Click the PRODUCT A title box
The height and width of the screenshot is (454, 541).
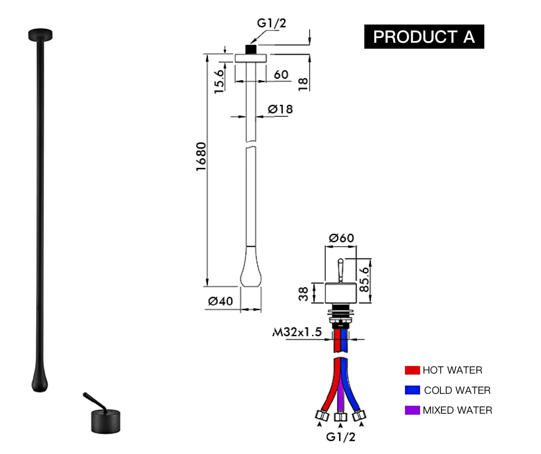point(424,37)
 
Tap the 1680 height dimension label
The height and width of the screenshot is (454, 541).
point(201,156)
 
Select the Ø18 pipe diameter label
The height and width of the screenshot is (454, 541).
point(280,109)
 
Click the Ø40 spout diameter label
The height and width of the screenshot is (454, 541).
point(220,301)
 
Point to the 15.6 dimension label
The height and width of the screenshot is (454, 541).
point(219,81)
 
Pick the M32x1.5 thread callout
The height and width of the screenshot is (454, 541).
point(297,332)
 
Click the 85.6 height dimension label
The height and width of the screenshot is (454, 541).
point(364,280)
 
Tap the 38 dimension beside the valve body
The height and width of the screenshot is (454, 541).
point(303,294)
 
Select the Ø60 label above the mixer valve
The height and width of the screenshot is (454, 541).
point(341,238)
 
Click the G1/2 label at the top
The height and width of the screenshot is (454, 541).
point(271,23)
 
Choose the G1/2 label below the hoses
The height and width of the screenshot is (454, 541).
point(340,437)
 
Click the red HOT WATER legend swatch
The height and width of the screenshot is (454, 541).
point(412,370)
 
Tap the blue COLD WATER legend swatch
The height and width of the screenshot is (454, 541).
point(412,390)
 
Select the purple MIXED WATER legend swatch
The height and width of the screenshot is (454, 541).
point(412,410)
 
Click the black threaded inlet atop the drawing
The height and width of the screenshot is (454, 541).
point(251,49)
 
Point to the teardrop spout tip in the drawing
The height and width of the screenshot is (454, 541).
point(251,275)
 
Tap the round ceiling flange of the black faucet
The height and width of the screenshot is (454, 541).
point(40,34)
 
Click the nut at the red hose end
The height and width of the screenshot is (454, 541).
point(322,415)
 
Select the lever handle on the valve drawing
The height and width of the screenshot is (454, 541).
point(340,270)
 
